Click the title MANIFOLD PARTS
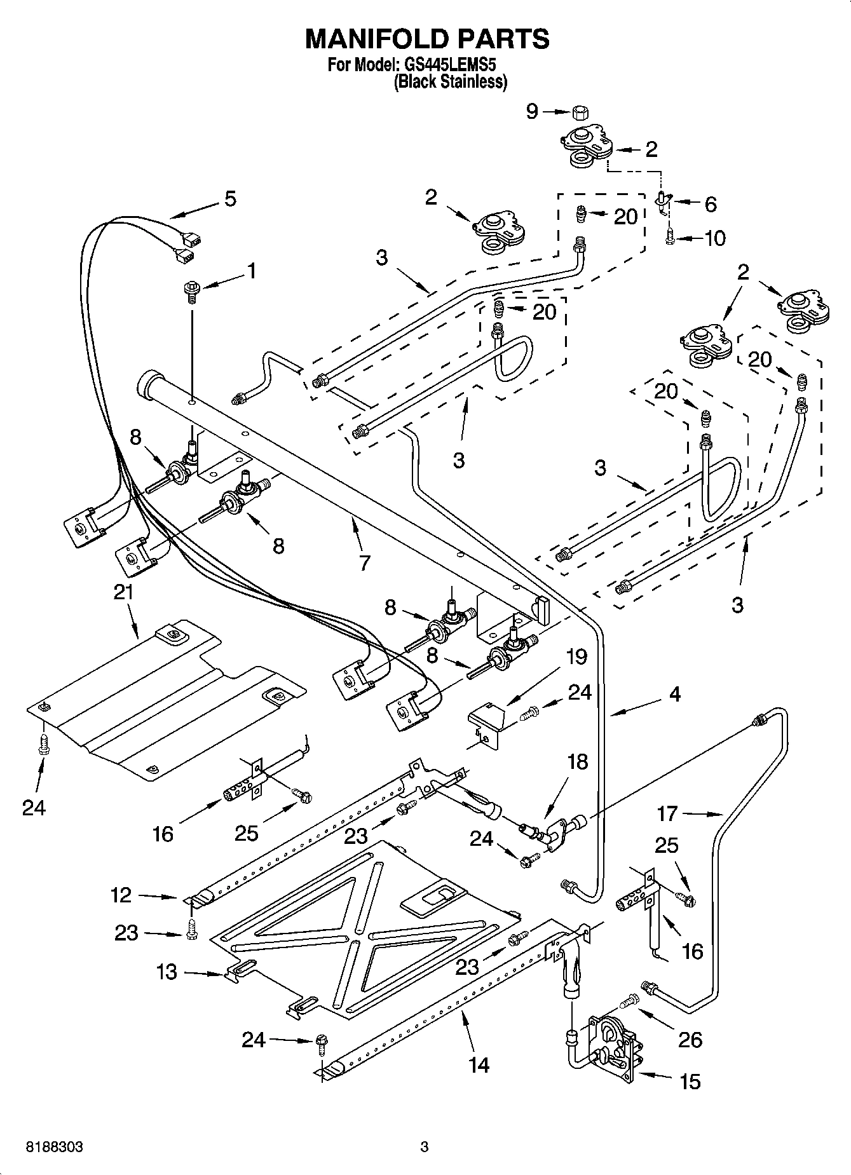(427, 39)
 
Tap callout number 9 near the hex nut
(532, 112)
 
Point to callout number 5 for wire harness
(230, 199)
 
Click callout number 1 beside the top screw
(252, 271)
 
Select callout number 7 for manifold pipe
(364, 562)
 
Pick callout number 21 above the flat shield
(123, 592)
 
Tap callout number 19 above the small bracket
(576, 656)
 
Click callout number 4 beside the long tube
(674, 694)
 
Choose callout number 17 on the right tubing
(667, 813)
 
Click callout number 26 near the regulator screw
(690, 1039)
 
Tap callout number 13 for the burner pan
(167, 972)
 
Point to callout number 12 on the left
(121, 895)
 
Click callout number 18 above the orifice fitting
(577, 761)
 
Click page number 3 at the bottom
(425, 1147)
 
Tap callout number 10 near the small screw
(714, 238)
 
